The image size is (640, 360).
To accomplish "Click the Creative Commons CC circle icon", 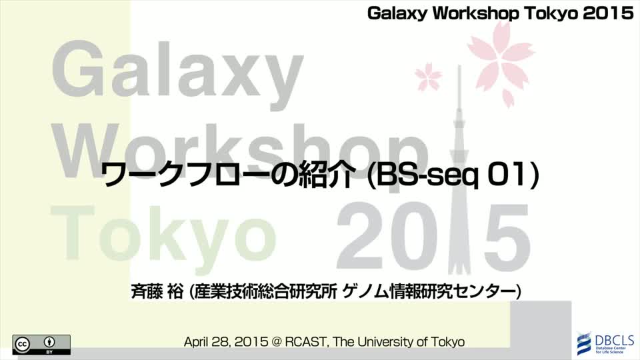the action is click(23, 345).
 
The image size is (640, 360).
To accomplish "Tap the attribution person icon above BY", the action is click(49, 342).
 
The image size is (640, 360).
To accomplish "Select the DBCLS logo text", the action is click(614, 340).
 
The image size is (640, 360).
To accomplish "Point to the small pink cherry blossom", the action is click(428, 76).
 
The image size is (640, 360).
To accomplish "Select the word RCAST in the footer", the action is click(308, 341).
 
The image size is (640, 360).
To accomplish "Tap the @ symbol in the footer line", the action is click(277, 341).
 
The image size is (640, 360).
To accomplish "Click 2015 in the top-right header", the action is click(608, 13).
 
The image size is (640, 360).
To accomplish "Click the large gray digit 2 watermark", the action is click(361, 237).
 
